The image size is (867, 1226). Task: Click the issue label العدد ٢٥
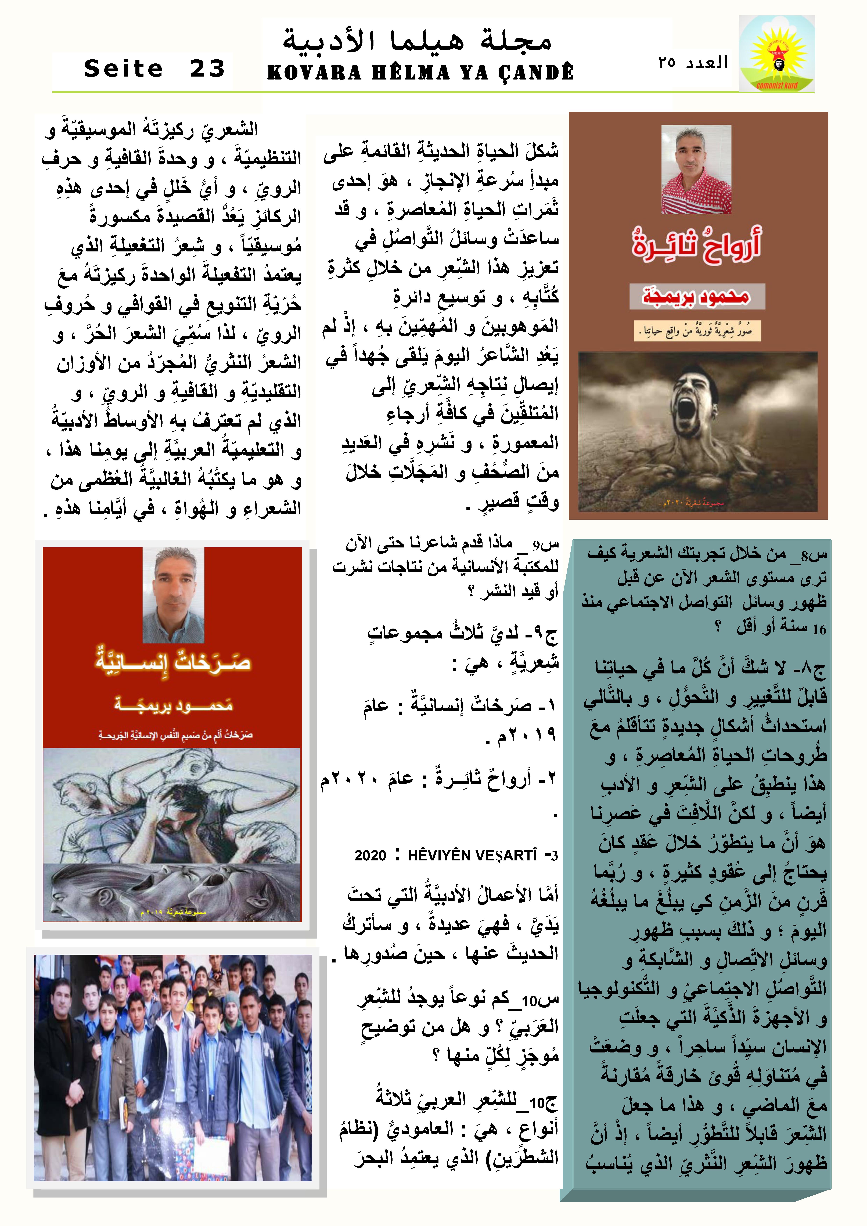click(x=693, y=63)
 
